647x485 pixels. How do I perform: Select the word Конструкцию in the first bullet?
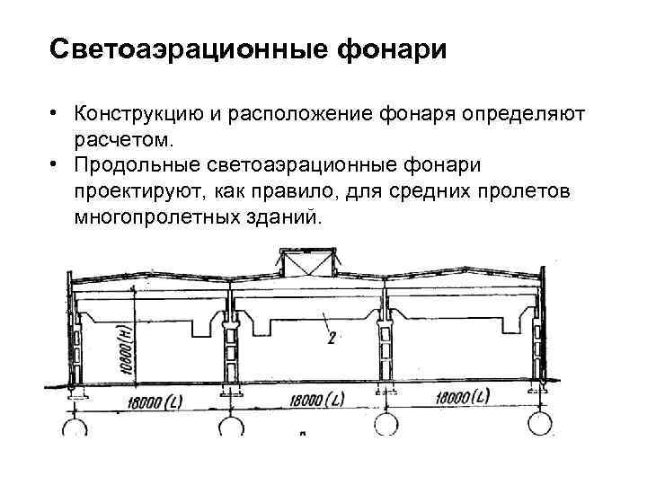pyautogui.click(x=135, y=115)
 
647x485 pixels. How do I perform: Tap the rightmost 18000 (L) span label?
pyautogui.click(x=458, y=396)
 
